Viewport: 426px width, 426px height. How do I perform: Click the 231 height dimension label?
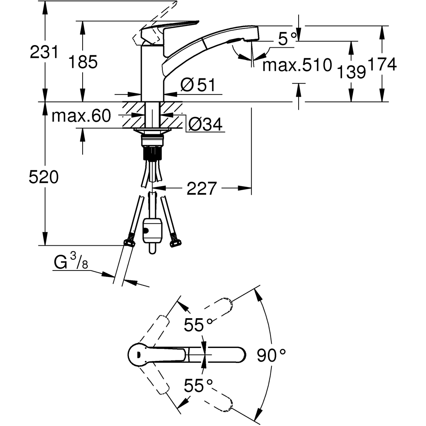(44, 53)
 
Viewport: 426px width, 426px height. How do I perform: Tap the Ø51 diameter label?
(197, 86)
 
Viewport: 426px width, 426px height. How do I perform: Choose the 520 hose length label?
(43, 177)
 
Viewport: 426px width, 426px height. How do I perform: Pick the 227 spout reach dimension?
(202, 188)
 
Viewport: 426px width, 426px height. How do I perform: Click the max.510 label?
(297, 65)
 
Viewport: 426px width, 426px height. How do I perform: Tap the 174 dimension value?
(383, 64)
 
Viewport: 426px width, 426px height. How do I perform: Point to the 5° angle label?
(288, 39)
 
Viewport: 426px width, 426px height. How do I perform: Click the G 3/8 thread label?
(71, 263)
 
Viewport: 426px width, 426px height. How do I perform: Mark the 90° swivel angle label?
(271, 354)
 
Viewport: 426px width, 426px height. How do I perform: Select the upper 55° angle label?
(198, 325)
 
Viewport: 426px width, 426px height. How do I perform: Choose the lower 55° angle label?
(198, 386)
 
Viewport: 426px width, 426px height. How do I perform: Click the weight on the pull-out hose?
(152, 230)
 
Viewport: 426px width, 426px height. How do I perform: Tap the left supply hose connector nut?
(129, 243)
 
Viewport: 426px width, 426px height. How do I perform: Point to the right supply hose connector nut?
(175, 243)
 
